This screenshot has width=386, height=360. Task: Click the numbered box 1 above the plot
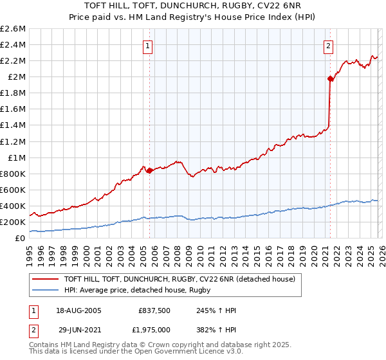[149, 46]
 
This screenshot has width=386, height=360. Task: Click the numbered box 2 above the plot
[329, 46]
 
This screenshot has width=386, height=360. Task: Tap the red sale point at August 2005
[149, 170]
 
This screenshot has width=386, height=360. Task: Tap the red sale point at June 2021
[330, 79]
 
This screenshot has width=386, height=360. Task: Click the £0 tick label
[21, 238]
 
